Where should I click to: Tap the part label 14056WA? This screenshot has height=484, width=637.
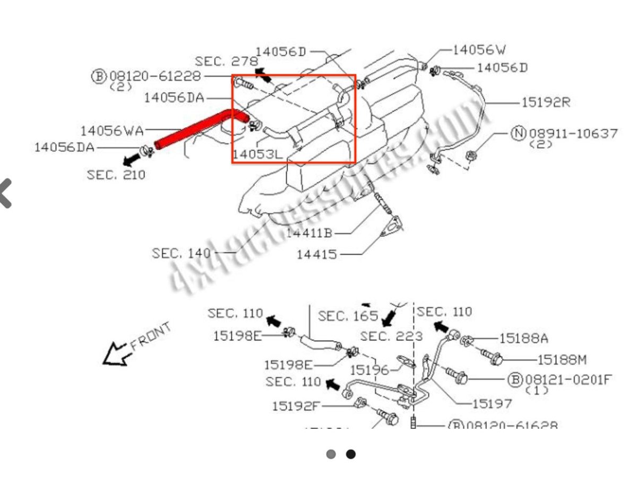[x=112, y=130]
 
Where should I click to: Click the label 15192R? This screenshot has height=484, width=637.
[x=545, y=102]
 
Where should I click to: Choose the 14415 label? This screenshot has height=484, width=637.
[x=316, y=254]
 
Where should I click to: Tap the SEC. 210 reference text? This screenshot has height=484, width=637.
[x=116, y=174]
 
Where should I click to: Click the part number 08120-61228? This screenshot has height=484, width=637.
[x=155, y=76]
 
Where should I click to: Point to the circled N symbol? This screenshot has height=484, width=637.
[x=518, y=133]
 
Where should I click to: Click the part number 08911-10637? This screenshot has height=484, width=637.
[x=573, y=133]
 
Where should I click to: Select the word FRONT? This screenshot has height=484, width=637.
[x=151, y=336]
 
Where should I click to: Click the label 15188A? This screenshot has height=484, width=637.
[x=523, y=338]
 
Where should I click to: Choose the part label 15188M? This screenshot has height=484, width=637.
[x=562, y=360]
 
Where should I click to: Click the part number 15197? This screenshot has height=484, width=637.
[x=492, y=403]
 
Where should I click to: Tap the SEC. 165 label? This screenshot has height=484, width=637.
[x=348, y=316]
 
